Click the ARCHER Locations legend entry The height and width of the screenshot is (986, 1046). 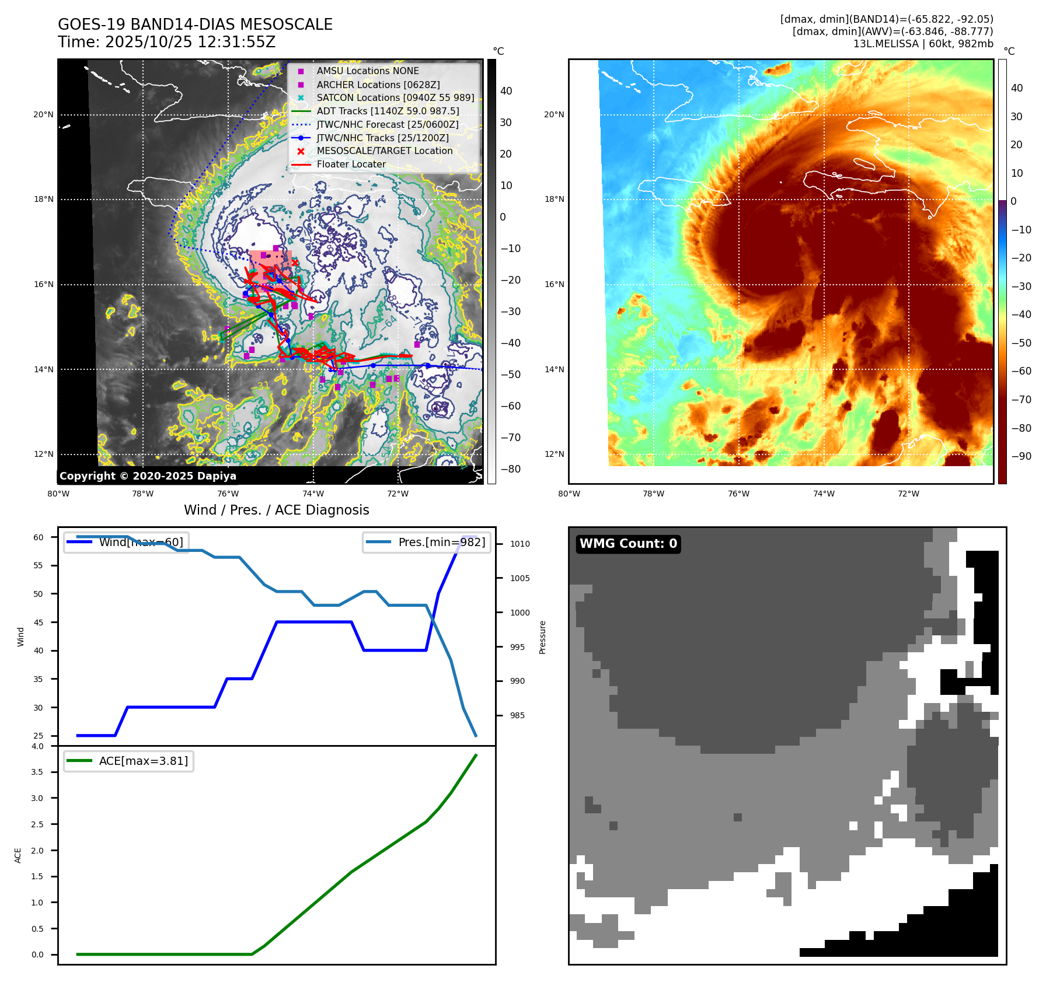point(378,85)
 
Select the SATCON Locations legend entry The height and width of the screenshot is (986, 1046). point(395,97)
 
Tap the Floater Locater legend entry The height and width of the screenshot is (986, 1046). point(351,165)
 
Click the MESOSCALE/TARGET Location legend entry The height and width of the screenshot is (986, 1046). point(385,151)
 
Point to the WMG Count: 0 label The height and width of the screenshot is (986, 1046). point(628,544)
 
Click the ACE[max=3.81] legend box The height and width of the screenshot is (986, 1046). point(128,761)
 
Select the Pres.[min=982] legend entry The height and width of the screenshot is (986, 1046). point(427,543)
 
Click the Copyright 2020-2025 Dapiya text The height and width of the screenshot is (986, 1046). point(148,476)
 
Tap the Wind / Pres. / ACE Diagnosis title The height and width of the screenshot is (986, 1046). point(276,510)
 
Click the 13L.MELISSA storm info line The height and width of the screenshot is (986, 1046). point(923,44)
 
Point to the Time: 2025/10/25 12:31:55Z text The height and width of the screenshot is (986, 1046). point(166,42)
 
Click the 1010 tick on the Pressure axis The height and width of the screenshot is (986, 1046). point(519,544)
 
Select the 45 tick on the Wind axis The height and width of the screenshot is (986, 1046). point(39,623)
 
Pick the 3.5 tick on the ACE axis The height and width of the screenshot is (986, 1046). point(37,772)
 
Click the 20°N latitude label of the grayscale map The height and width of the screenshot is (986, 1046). point(43,114)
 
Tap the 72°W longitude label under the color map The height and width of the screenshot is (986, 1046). point(908,494)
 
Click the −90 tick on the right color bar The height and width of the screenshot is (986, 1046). point(1021,456)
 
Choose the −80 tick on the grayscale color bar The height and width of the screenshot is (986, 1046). point(510,469)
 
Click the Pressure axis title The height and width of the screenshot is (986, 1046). point(543,637)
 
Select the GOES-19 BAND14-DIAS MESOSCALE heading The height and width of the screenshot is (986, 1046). point(195,25)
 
